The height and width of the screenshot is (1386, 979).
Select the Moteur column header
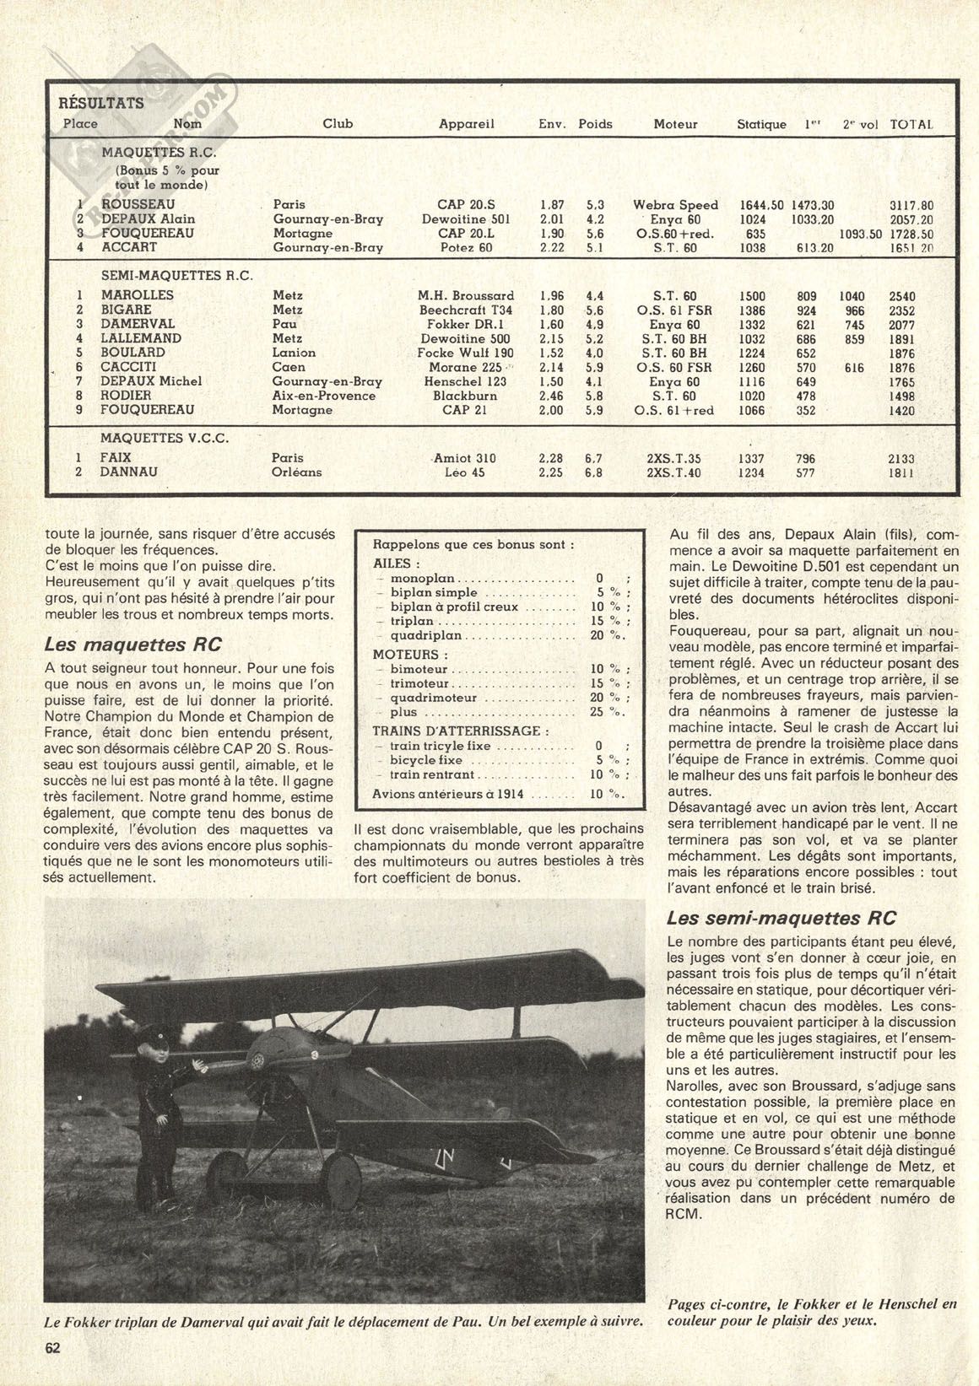[675, 124]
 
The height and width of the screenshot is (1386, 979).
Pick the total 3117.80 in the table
[911, 205]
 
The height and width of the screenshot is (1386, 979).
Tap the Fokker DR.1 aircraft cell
[466, 324]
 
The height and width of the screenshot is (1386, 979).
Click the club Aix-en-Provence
[323, 396]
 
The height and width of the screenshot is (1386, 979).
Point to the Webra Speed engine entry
[675, 205]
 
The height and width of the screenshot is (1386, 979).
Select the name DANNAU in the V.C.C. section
[129, 472]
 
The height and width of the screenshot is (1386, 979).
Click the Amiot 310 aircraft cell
[464, 458]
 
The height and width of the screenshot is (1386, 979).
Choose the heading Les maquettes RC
[133, 644]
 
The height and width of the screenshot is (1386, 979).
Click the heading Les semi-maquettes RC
[782, 918]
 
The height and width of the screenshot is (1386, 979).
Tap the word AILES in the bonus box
[392, 564]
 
